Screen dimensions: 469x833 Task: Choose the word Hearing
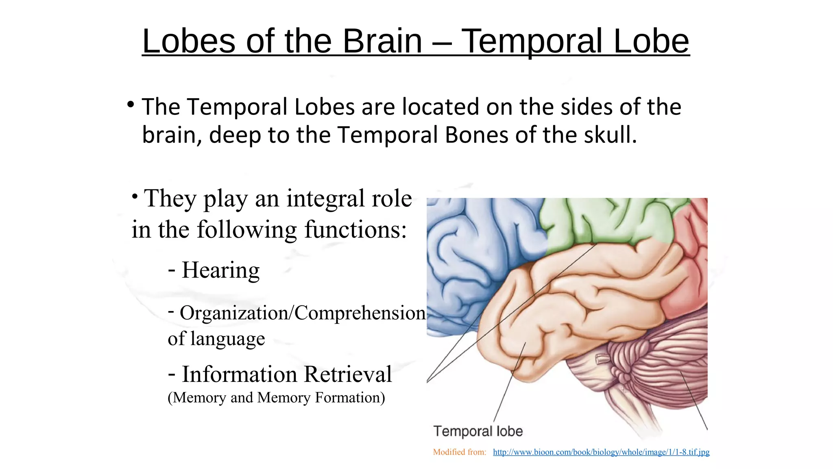(220, 270)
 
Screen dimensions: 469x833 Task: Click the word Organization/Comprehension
(303, 313)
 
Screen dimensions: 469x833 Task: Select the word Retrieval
(348, 374)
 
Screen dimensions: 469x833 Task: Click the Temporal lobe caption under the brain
(478, 431)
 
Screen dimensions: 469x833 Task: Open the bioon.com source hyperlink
(601, 452)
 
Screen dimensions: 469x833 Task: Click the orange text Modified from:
(460, 452)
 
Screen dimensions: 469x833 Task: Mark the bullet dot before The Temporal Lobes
(131, 105)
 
